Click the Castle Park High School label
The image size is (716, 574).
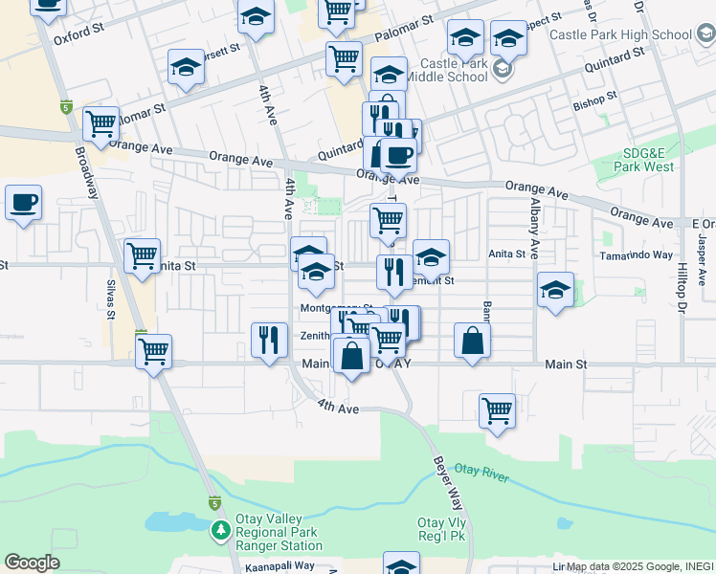pos(621,35)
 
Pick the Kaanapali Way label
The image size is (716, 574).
pos(278,565)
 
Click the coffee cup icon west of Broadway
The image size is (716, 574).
pos(23,203)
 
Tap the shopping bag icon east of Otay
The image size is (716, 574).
pos(473,341)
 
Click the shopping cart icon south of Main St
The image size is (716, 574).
pos(497,411)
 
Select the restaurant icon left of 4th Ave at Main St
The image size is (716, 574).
pos(269,340)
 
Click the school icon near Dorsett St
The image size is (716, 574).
pos(186,67)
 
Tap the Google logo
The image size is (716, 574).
pos(32,563)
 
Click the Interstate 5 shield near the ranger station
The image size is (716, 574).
pos(213,502)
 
